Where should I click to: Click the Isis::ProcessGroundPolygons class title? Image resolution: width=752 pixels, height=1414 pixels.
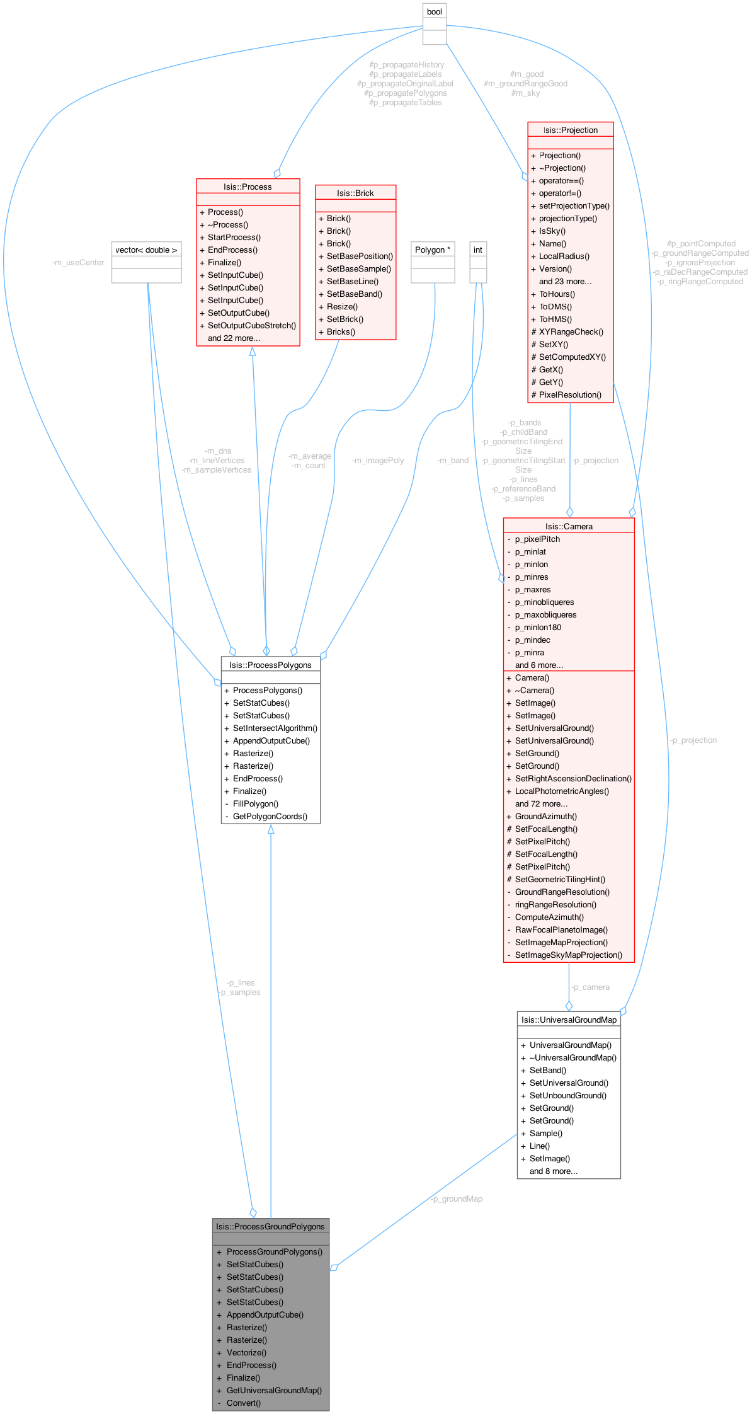tap(270, 1226)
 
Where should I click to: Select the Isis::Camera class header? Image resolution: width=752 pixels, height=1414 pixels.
tap(569, 526)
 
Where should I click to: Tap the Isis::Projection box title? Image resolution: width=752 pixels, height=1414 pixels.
tap(571, 130)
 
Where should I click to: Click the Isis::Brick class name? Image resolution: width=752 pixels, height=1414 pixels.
tap(355, 193)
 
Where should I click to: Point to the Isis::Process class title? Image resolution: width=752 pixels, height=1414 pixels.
tap(248, 187)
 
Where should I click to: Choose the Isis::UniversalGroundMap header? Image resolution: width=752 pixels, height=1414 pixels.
tap(569, 1020)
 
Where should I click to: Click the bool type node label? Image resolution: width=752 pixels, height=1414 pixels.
tap(435, 11)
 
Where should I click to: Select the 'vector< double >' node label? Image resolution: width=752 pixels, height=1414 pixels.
tap(146, 250)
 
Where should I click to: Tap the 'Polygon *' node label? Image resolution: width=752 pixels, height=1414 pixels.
tap(433, 250)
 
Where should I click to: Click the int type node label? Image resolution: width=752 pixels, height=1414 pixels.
tap(478, 250)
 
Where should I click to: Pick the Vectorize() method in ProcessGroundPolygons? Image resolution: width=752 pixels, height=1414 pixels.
tap(246, 1352)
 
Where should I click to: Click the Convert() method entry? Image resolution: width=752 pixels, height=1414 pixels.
tap(243, 1403)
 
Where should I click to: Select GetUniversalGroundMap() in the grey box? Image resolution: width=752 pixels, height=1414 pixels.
tap(274, 1390)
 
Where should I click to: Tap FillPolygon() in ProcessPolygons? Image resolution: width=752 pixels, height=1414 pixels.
tap(255, 803)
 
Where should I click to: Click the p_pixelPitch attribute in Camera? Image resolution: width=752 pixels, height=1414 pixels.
tap(537, 539)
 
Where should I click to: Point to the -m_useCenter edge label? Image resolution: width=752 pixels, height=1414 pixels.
tap(78, 262)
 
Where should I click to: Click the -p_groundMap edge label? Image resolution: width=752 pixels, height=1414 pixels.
tap(457, 1198)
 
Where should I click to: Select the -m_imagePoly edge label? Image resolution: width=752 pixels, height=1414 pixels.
tap(378, 460)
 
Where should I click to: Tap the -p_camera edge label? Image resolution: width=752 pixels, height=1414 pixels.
tap(590, 987)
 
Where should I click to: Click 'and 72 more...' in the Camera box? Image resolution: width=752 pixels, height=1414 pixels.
tap(541, 803)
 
